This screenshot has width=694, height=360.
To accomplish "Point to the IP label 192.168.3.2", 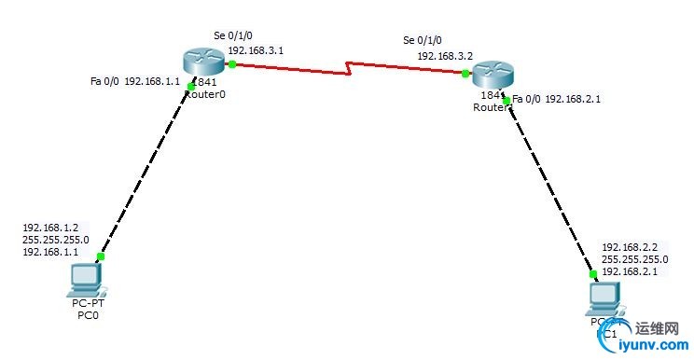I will point(445,56).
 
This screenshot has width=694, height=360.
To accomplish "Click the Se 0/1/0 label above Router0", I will point(233,35).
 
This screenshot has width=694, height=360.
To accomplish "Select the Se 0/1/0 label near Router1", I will point(423,40).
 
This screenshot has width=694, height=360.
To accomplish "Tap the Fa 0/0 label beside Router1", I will point(526,98).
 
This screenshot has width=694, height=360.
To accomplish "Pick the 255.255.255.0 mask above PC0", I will point(55,240).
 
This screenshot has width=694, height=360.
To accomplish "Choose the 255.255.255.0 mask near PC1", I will point(634,259).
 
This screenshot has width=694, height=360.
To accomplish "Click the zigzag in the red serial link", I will point(350,68).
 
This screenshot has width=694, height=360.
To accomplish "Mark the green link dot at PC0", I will point(100,256).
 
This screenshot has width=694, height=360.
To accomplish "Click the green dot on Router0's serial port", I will point(231,64).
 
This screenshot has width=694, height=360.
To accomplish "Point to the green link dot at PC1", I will point(592,274).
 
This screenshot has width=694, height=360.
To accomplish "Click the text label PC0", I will point(88,314).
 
